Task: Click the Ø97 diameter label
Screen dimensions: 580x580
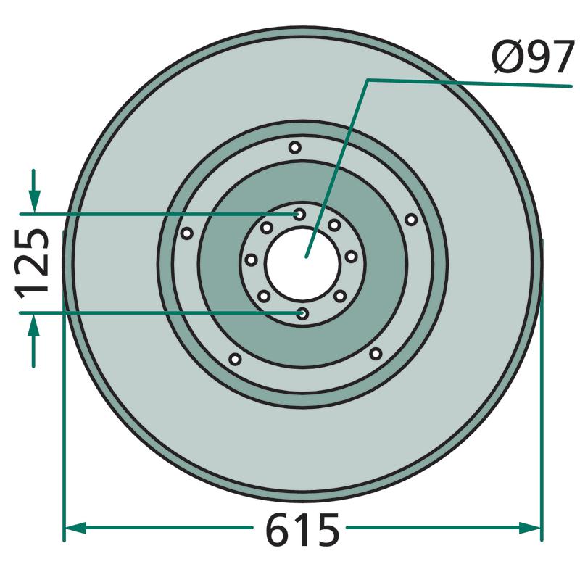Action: tap(533, 57)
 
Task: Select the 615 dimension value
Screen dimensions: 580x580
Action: tap(302, 529)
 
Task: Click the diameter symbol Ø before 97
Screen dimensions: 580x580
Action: tap(506, 57)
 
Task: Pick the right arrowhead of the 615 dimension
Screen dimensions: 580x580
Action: tap(530, 528)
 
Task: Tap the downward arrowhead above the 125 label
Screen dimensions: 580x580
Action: tap(34, 202)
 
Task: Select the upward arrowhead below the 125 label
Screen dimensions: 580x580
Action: tap(33, 325)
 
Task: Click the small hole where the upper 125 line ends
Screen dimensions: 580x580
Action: tap(299, 214)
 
